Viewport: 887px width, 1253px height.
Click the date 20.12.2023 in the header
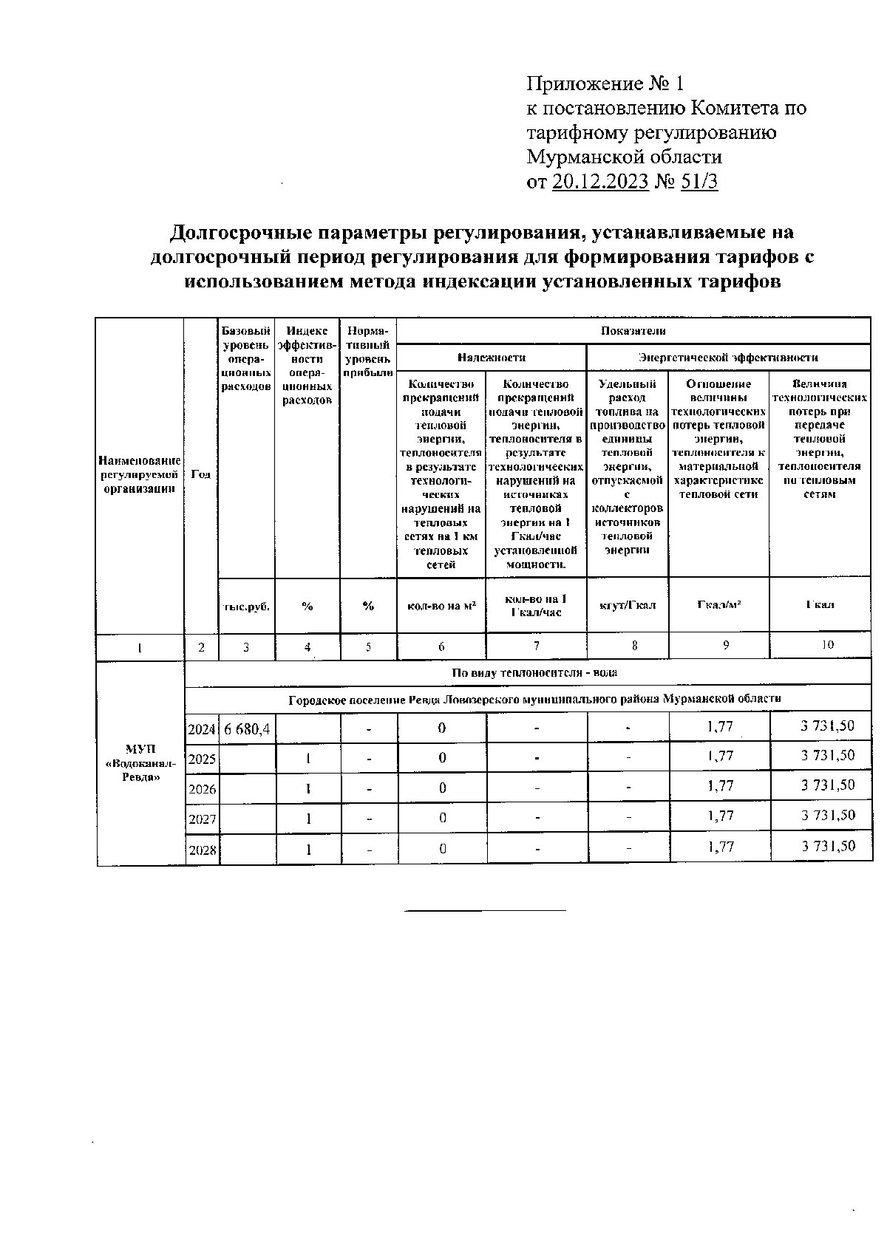click(x=600, y=182)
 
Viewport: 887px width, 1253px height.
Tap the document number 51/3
click(x=699, y=182)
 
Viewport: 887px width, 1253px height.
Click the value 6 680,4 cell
click(x=247, y=729)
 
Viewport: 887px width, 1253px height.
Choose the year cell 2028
click(x=202, y=850)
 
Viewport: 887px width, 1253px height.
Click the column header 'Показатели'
click(x=633, y=331)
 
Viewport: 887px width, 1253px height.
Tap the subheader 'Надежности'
click(x=491, y=357)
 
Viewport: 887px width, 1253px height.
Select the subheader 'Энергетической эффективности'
click(x=728, y=357)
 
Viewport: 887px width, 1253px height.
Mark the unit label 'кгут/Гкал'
click(x=627, y=605)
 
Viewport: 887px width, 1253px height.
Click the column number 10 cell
click(x=827, y=644)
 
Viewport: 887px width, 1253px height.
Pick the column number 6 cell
click(x=441, y=646)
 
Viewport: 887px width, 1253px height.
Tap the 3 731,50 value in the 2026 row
click(x=828, y=785)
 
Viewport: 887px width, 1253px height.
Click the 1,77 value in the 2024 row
click(x=720, y=727)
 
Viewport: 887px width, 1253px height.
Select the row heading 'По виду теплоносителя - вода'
click(x=534, y=672)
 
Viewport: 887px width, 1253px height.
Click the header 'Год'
click(x=200, y=474)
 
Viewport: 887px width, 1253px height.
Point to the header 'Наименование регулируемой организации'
click(x=140, y=474)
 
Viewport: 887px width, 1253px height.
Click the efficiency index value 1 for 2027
click(x=308, y=819)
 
